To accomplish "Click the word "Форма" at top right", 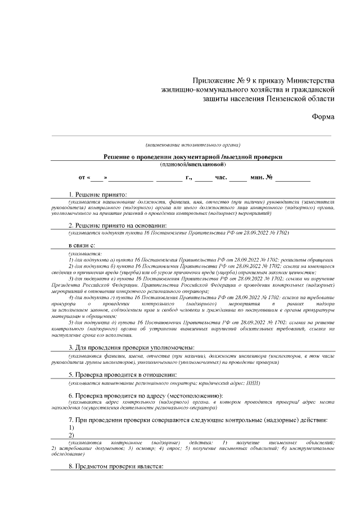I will click(x=323, y=116).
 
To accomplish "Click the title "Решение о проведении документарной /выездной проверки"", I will click(x=193, y=156).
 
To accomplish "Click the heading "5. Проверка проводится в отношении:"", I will click(x=122, y=375).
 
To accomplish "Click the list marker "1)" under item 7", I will click(x=71, y=427).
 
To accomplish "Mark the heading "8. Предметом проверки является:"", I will click(x=115, y=467).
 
